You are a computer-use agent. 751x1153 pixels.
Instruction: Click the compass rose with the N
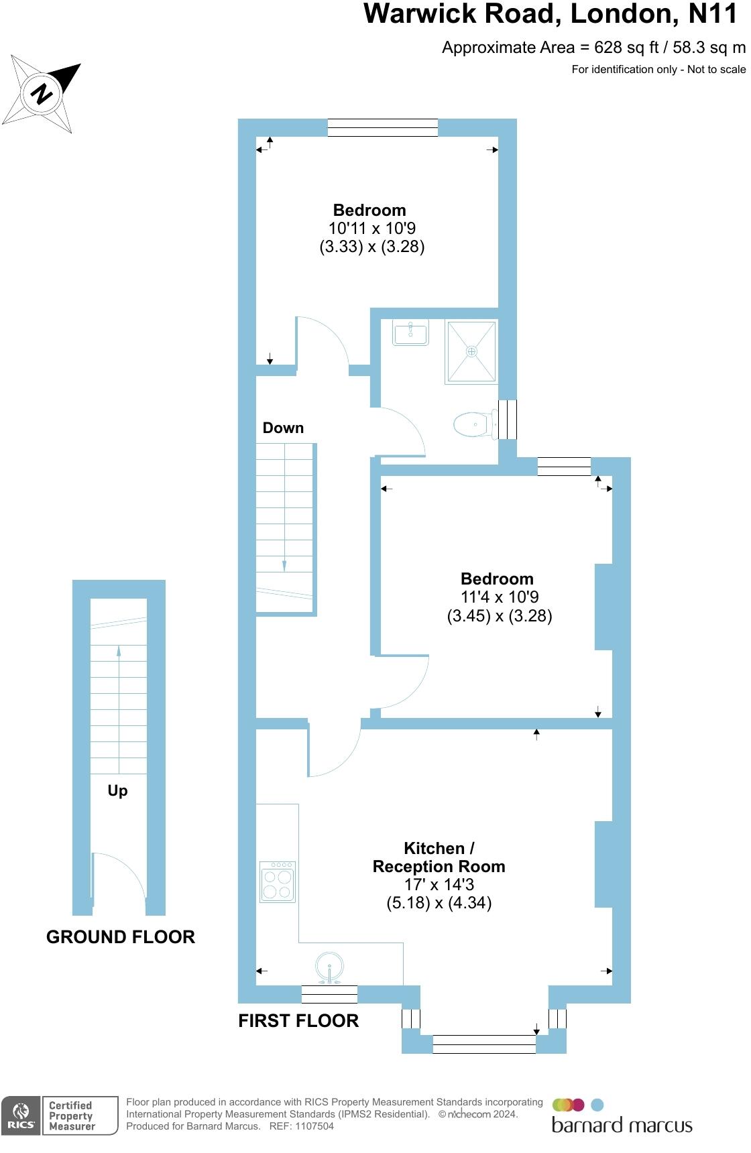point(42,93)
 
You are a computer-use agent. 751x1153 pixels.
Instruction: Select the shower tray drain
point(472,351)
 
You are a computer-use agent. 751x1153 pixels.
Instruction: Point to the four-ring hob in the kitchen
point(278,882)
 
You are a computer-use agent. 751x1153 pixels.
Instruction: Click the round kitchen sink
point(330,967)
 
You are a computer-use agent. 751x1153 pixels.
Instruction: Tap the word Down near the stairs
point(283,428)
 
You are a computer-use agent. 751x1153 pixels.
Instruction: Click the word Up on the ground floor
point(117,791)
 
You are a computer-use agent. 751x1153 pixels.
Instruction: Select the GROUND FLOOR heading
point(121,937)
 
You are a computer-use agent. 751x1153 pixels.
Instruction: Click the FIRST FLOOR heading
point(298,1021)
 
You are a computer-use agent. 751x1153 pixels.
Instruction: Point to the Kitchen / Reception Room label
point(439,857)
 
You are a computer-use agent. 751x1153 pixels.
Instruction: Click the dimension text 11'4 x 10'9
point(500,597)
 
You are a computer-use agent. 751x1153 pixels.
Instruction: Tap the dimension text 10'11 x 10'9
point(372,228)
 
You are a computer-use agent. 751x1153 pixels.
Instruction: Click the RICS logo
point(19,1116)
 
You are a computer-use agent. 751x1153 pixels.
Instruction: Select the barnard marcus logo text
point(622,1125)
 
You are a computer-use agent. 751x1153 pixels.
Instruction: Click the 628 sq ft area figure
point(611,47)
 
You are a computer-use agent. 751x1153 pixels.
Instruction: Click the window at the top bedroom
point(382,127)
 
